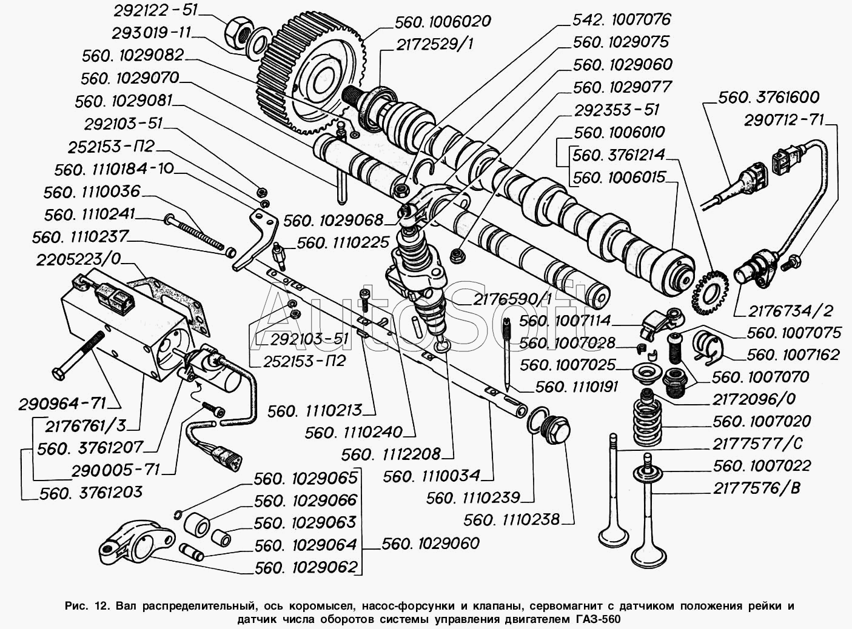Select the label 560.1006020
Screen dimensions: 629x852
point(442,22)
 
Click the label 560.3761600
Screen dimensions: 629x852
point(768,97)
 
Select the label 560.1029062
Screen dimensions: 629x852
point(305,567)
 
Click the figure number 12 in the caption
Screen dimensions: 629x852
point(100,605)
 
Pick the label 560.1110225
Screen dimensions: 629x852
point(343,242)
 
